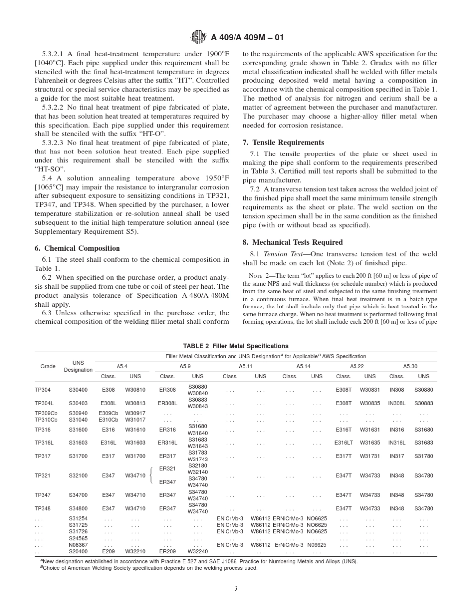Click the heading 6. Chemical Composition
click(77, 248)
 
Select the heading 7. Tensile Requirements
click(283, 143)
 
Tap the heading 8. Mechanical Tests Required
click(292, 242)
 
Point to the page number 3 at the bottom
click(236, 588)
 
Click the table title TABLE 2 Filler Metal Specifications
click(236, 346)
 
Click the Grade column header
click(48, 366)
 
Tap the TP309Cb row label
click(46, 413)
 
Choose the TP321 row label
click(43, 476)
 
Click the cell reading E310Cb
click(108, 420)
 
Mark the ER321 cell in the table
click(167, 469)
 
